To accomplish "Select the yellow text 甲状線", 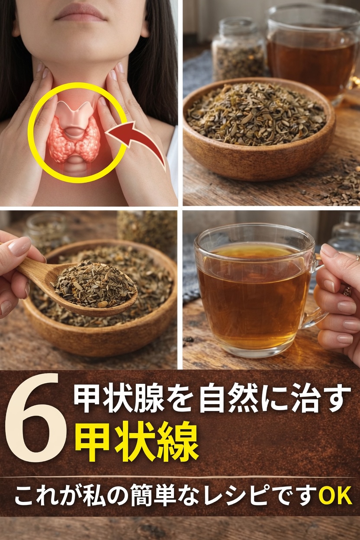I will click(137, 441).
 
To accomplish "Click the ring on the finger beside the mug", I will click(347, 290).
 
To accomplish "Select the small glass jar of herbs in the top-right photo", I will click(238, 50).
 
